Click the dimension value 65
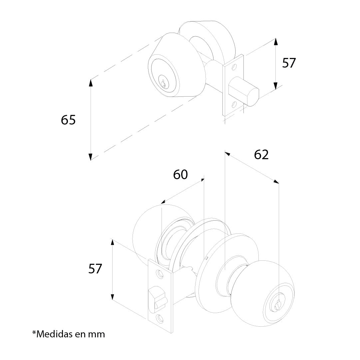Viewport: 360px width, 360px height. click(68, 120)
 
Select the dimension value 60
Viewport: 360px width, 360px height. click(180, 175)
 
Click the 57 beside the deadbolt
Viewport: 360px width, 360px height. click(289, 63)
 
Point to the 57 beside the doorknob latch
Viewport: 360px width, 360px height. click(95, 269)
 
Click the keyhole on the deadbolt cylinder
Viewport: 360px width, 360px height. click(163, 84)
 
